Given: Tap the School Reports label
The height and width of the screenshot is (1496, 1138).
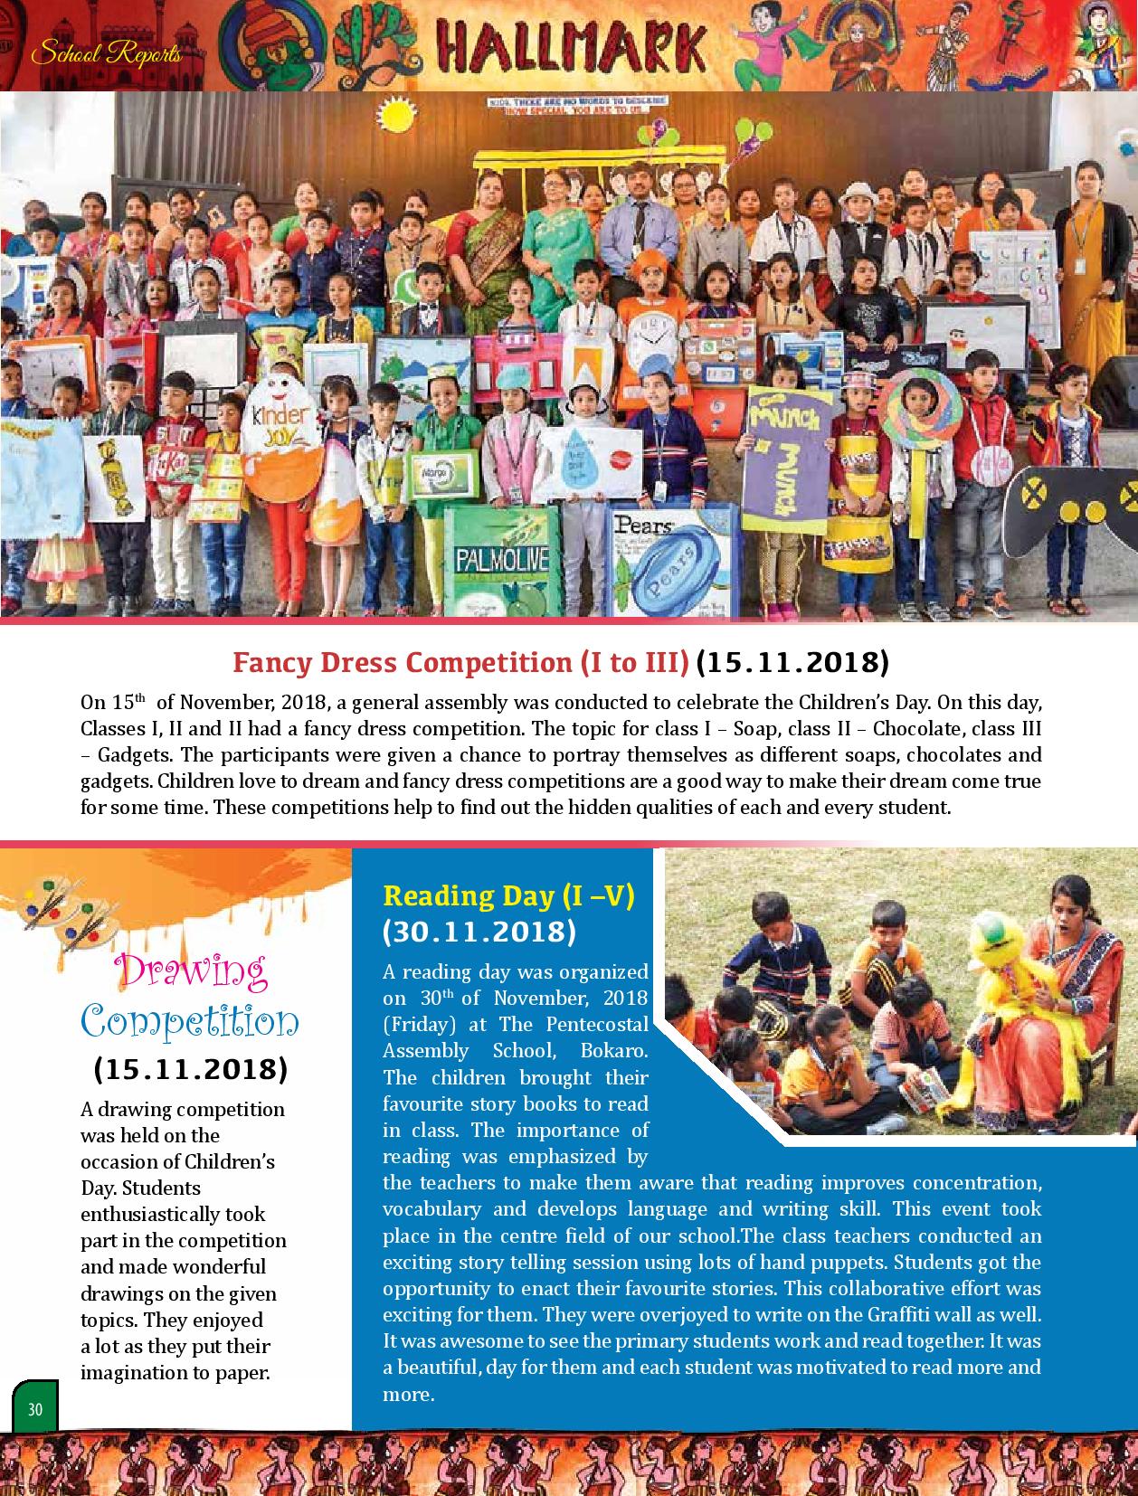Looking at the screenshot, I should pyautogui.click(x=106, y=54).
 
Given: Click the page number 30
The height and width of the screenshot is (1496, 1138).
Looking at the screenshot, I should pyautogui.click(x=35, y=1409).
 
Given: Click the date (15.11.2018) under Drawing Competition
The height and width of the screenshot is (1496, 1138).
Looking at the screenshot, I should pyautogui.click(x=190, y=1069).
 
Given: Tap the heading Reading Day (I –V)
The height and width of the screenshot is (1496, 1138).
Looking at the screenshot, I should pyautogui.click(x=509, y=895).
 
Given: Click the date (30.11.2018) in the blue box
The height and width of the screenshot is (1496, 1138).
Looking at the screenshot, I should pyautogui.click(x=479, y=932).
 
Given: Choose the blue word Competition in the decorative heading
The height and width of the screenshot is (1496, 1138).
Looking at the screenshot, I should pyautogui.click(x=190, y=1021).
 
